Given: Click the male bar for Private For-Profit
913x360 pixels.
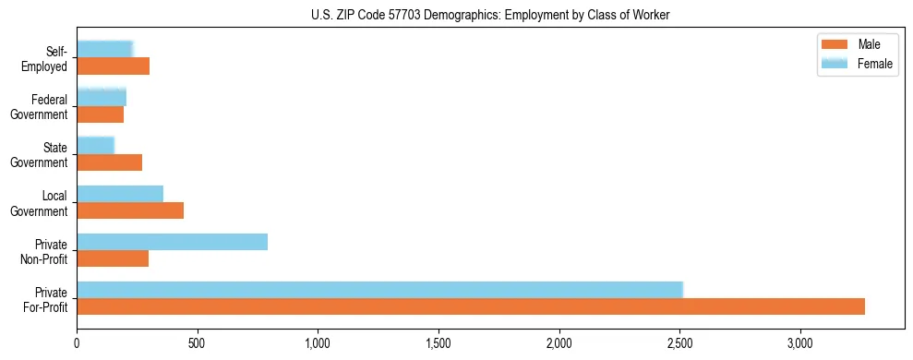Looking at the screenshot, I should point(471,306).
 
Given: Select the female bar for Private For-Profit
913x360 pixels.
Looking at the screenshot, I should point(379,290).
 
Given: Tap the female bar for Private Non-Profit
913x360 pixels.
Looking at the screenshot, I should point(172,242).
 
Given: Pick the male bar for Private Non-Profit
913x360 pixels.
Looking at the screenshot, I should point(113,258).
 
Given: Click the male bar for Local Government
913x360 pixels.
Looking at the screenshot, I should point(130,210).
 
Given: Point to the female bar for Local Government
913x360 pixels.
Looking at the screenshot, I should point(120,194).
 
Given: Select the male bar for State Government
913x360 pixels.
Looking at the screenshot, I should point(109,162).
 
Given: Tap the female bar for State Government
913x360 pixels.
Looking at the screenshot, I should point(95,146).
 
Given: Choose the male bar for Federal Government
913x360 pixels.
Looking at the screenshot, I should point(100,114).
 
